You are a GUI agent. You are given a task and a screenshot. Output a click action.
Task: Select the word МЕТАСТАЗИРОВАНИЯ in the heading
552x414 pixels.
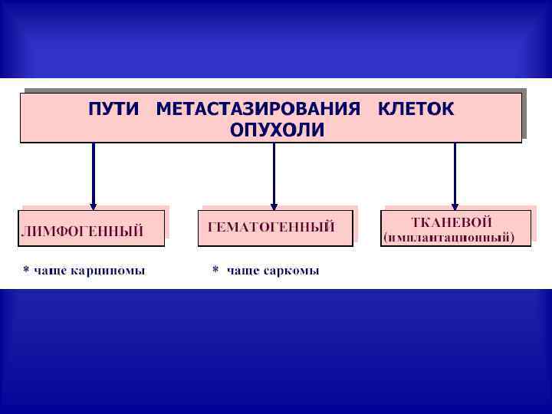pos(258,109)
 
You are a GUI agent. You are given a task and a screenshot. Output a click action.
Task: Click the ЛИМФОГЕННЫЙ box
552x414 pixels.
pos(91,228)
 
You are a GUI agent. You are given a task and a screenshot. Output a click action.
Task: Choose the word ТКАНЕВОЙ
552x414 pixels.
pos(452,222)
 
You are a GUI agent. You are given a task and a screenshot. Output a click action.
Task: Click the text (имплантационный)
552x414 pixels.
pos(455,237)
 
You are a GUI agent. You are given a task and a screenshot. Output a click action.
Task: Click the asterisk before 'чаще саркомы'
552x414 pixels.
pos(215,270)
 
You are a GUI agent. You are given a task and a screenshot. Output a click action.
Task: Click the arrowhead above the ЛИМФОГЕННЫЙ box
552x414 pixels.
pos(94,205)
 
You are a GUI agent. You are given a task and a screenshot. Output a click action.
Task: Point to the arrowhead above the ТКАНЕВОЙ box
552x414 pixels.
pos(455,205)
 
